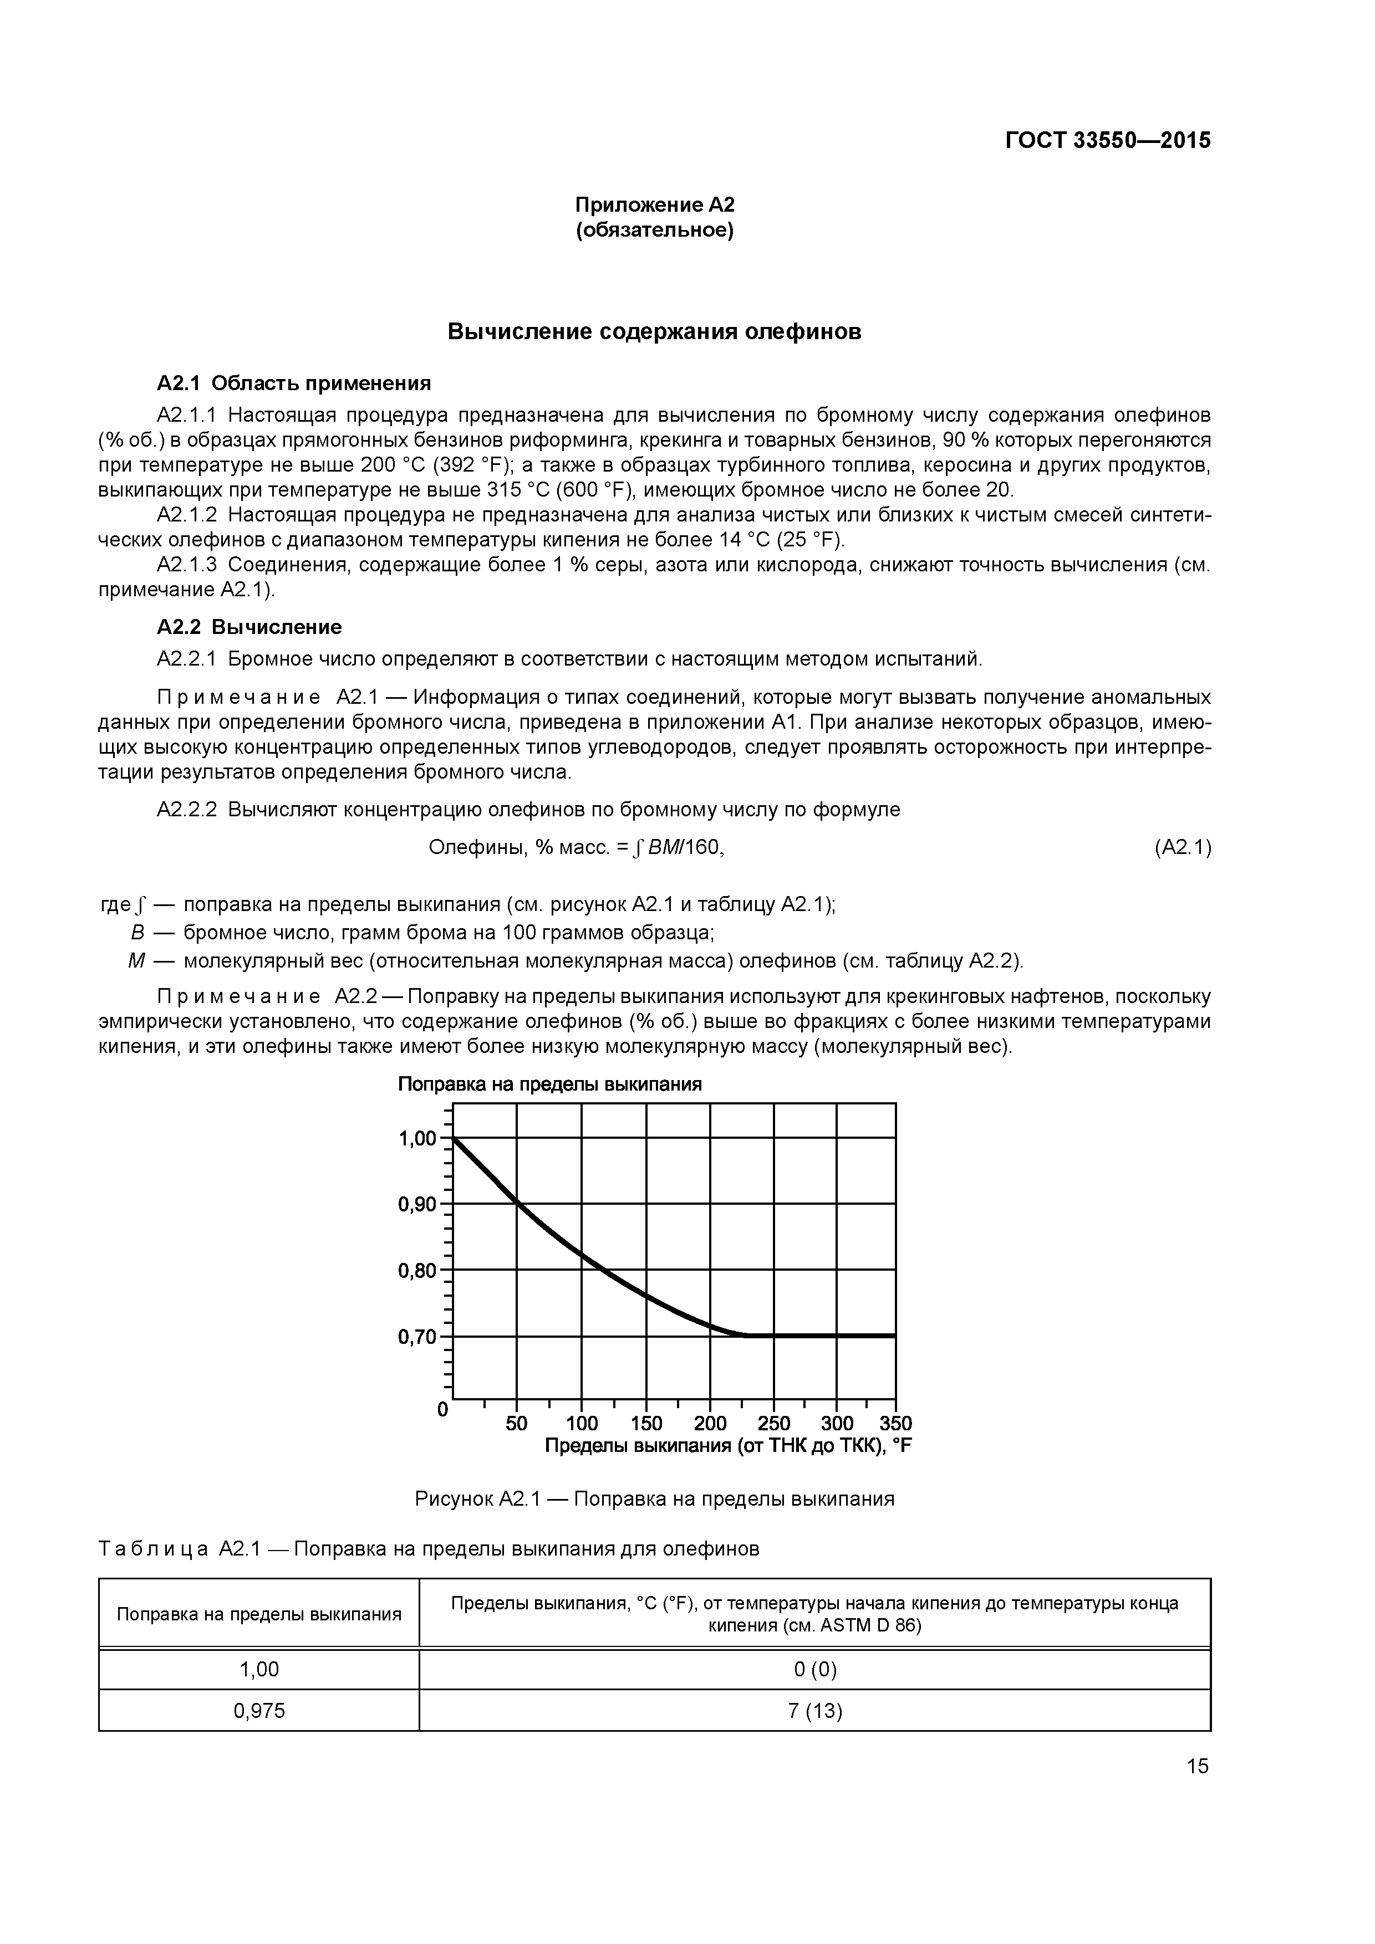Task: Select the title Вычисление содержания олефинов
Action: point(654,331)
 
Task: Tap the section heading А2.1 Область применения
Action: point(294,383)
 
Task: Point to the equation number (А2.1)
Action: point(1183,847)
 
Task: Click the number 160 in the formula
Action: point(705,847)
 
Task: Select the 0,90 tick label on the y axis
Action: point(417,1204)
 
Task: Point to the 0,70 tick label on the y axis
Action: point(417,1337)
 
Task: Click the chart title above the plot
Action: point(550,1084)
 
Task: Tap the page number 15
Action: point(1197,1766)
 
